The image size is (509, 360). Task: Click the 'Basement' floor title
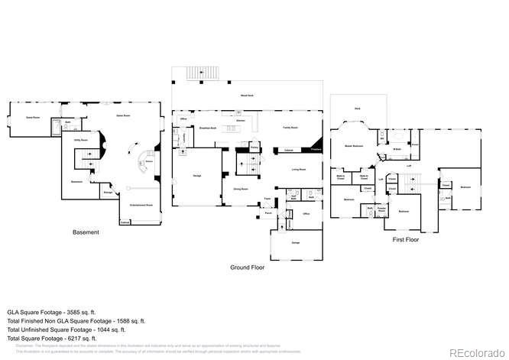pos(86,232)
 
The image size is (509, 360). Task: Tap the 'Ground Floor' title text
pos(248,268)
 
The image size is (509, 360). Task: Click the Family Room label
pos(290,128)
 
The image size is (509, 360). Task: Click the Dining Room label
pos(232,187)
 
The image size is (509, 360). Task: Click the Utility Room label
pos(79,141)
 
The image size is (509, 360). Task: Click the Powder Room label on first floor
pos(380,207)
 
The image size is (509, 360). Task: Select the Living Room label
pos(298,170)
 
